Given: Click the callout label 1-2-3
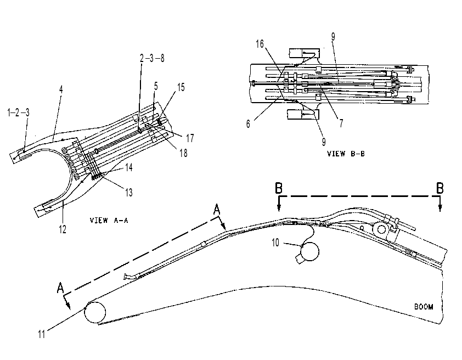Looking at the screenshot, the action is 18,113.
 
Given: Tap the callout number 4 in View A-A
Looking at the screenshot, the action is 61,89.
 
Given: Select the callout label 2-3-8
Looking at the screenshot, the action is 152,58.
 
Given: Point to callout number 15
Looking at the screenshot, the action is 181,87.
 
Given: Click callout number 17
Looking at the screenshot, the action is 190,138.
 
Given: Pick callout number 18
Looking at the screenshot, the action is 183,153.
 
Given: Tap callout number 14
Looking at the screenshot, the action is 129,167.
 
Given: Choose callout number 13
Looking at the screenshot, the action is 129,193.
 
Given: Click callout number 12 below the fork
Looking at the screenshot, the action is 63,229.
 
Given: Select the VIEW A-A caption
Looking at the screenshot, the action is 109,221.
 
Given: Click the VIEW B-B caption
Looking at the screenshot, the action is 346,154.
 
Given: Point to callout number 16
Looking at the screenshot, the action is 260,44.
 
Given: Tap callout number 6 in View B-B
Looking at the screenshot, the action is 248,124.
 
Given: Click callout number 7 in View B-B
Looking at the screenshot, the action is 341,123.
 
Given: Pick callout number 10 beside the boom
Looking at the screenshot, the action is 275,243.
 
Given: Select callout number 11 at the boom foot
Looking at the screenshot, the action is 42,334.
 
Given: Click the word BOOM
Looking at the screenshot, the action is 424,307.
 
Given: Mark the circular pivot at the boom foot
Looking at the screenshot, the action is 95,313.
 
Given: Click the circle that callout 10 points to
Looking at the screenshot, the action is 309,251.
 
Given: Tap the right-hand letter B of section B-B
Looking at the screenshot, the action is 440,188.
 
